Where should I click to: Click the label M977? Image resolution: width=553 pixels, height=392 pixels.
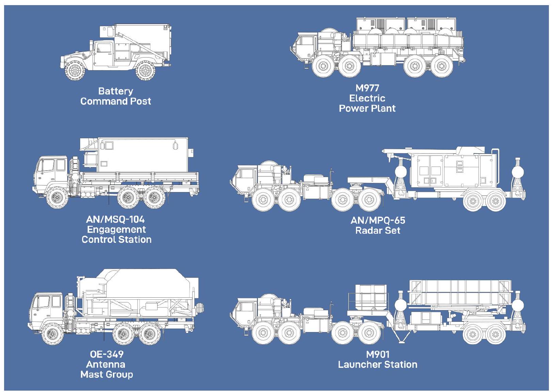tap(367, 88)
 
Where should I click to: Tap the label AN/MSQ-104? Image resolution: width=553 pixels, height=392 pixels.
tap(115, 219)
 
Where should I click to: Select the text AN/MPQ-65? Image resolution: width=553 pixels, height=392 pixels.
tap(378, 220)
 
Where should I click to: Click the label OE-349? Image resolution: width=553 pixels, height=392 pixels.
tap(107, 354)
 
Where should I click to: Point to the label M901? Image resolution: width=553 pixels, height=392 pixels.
tap(377, 355)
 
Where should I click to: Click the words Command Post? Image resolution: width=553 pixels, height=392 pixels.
tap(115, 101)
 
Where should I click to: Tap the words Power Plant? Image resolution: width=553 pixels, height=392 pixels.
tap(367, 109)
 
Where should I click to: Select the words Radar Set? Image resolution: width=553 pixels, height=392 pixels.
tap(378, 231)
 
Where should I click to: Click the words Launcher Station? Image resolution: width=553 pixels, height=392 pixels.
tap(377, 365)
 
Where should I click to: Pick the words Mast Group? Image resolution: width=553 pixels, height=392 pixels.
tap(107, 375)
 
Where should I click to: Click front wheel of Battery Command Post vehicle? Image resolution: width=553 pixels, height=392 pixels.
tap(75, 70)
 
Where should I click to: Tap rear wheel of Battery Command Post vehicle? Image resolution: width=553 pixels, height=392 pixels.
tap(145, 70)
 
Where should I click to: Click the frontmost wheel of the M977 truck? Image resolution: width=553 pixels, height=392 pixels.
tap(323, 66)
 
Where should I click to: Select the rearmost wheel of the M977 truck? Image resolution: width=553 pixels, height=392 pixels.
tap(441, 66)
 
